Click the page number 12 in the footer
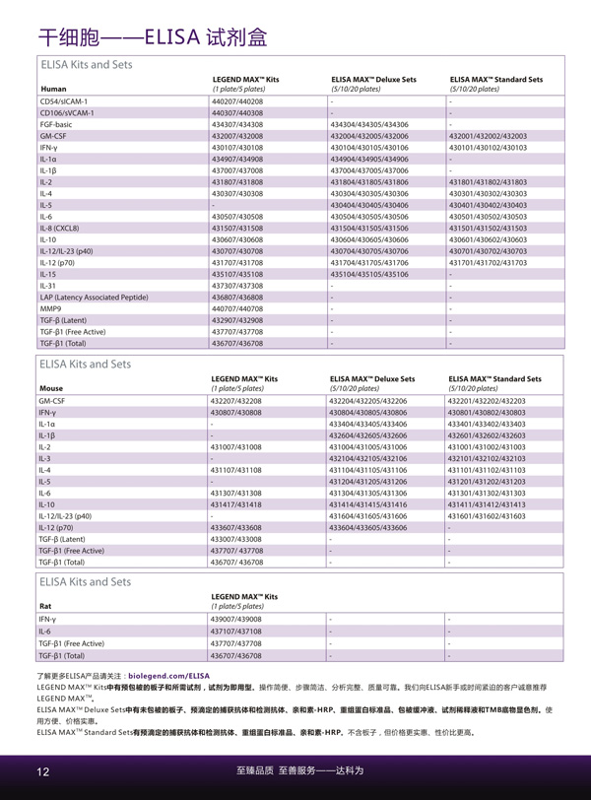pos(43,770)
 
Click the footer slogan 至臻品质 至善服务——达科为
pos(295,770)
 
